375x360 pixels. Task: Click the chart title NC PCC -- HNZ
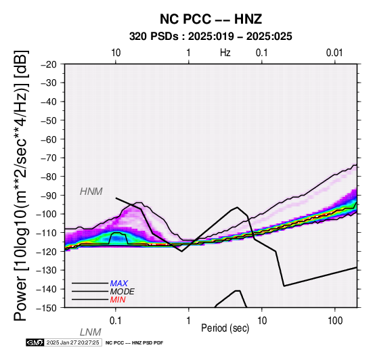click(x=211, y=19)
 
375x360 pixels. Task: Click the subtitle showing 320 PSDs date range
click(x=211, y=37)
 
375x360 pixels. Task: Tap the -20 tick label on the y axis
click(x=49, y=64)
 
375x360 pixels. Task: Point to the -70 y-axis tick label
click(x=49, y=158)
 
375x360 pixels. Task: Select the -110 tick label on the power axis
click(x=47, y=233)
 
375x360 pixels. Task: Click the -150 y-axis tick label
click(x=47, y=308)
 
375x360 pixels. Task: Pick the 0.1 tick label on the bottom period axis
click(x=116, y=321)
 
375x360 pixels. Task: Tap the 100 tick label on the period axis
click(x=335, y=321)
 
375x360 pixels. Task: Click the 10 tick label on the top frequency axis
click(x=116, y=53)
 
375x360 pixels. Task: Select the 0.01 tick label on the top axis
click(x=334, y=53)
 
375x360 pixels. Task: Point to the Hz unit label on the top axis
click(x=225, y=53)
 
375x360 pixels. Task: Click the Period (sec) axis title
click(x=225, y=328)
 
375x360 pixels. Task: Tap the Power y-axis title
click(x=21, y=185)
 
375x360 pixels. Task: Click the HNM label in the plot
click(x=91, y=192)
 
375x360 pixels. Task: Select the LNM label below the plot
click(x=91, y=332)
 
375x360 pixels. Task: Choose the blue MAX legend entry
click(x=119, y=284)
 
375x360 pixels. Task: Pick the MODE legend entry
click(x=123, y=292)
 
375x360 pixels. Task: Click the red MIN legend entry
click(x=118, y=300)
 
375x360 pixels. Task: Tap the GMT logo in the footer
click(x=35, y=342)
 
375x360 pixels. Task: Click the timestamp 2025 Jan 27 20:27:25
click(x=72, y=342)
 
